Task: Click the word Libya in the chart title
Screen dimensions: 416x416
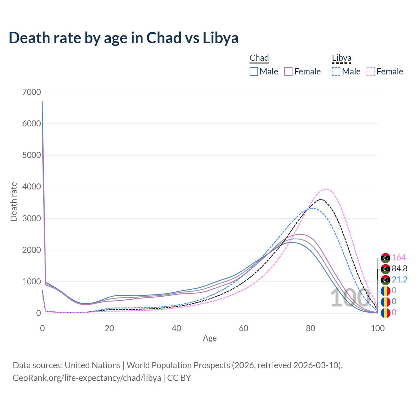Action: tap(221, 38)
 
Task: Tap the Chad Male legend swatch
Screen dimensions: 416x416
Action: tap(254, 71)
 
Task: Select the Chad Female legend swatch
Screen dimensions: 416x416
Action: tap(288, 71)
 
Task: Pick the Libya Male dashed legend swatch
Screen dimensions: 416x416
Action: tap(336, 71)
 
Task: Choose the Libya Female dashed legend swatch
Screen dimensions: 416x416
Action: tap(371, 71)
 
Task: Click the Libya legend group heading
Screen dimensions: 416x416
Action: tap(342, 58)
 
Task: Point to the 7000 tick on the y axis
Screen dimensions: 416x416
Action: tap(32, 92)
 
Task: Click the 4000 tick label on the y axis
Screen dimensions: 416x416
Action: tap(32, 187)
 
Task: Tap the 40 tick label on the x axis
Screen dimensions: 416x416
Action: tap(176, 328)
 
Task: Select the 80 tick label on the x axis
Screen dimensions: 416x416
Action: tap(311, 328)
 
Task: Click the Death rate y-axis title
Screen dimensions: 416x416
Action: tap(14, 202)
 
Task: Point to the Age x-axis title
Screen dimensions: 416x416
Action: tap(210, 338)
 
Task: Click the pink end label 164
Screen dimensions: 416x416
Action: tap(399, 258)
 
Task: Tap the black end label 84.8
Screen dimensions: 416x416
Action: tap(399, 269)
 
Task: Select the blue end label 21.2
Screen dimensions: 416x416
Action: tap(399, 280)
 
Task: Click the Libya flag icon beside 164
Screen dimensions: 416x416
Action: tap(385, 258)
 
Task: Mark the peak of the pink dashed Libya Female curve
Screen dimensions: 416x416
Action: tap(326, 189)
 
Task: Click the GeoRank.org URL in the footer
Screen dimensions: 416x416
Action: tap(87, 378)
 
